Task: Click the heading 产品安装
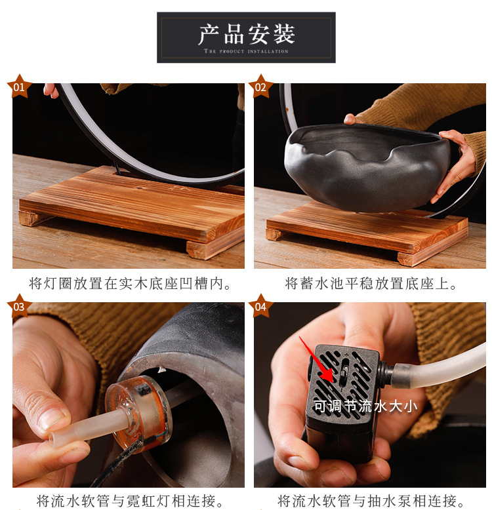coord(246,33)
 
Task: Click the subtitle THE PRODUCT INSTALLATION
coord(246,51)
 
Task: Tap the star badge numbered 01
coord(19,87)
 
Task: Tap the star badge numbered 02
coord(260,87)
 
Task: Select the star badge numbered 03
coord(19,306)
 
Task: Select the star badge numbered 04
coord(260,306)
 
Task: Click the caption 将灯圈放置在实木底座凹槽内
coord(130,284)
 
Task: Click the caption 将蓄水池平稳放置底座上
coord(371,284)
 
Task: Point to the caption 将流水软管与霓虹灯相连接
coord(130,501)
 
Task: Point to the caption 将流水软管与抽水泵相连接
coord(371,501)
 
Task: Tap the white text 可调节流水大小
coord(365,406)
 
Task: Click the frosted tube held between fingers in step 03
coord(79,429)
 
